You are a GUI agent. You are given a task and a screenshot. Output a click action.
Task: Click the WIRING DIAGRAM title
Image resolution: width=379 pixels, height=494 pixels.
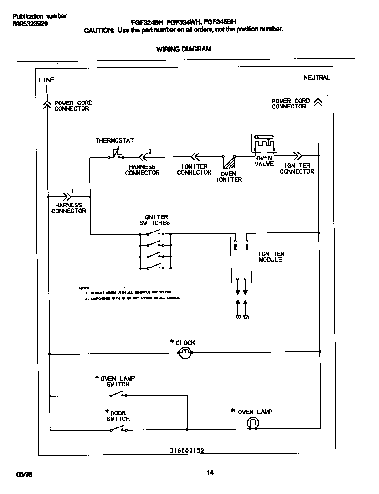tap(184, 49)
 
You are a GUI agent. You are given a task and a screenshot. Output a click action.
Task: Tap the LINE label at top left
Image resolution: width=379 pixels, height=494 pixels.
tap(46, 80)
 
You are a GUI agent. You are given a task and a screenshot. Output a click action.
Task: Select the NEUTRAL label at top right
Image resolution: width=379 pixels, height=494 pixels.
tap(317, 78)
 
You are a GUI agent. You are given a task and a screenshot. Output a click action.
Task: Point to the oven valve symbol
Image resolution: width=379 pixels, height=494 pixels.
tap(264, 143)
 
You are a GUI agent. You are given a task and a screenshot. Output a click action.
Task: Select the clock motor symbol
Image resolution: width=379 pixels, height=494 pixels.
tap(185, 352)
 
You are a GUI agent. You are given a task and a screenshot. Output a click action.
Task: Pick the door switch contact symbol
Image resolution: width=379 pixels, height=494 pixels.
tap(119, 429)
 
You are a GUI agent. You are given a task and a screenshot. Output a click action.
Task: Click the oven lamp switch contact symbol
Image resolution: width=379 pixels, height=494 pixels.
tap(119, 394)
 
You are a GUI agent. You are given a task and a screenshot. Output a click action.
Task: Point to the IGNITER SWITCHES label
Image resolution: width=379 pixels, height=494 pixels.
tap(154, 220)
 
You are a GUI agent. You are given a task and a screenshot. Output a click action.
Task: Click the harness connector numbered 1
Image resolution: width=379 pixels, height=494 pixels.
tap(67, 196)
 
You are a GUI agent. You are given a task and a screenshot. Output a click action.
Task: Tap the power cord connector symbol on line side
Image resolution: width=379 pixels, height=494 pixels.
tap(47, 104)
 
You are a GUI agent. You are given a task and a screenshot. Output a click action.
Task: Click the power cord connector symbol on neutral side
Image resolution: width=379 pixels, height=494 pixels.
tap(318, 102)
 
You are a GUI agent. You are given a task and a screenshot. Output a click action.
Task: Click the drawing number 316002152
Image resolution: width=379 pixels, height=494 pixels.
tap(187, 450)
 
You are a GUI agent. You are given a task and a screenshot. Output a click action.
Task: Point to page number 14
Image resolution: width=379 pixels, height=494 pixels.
tap(210, 473)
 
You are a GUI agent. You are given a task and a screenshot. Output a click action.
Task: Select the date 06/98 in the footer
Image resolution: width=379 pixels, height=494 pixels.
tap(24, 474)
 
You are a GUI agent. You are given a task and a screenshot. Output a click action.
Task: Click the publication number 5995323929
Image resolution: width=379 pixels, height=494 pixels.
tap(30, 24)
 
